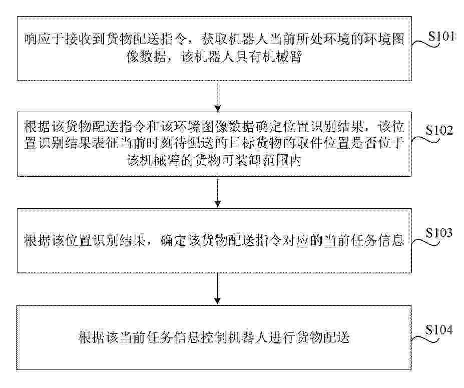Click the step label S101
(x=441, y=36)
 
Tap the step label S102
(x=439, y=130)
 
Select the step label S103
(x=439, y=233)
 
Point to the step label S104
(x=439, y=329)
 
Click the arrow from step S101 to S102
(x=218, y=96)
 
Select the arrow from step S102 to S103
(x=218, y=192)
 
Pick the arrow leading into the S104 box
(x=218, y=288)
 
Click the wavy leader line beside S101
(x=425, y=45)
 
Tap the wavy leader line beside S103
(x=425, y=241)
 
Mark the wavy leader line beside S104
(x=425, y=338)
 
